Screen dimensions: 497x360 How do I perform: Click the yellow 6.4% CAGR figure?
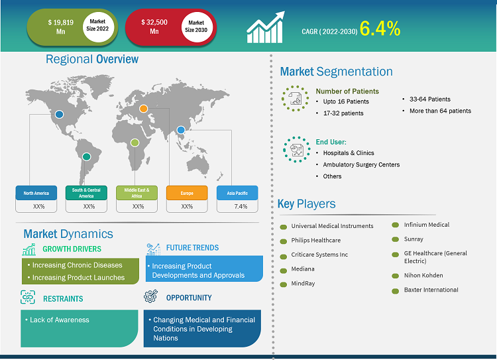380,29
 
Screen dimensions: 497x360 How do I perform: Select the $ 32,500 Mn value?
154,27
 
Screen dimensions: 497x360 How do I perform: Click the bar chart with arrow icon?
266,27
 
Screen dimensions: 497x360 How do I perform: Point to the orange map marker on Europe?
144,109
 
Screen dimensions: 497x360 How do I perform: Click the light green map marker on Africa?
135,143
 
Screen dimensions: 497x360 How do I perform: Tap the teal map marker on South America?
87,156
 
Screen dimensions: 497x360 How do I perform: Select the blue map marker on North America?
59,115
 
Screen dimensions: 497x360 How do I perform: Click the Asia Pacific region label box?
237,193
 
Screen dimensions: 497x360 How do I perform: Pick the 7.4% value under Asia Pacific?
241,206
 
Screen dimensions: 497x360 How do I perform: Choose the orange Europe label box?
187,193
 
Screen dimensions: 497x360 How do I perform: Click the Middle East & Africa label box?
137,193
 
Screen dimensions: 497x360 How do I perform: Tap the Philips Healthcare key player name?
315,241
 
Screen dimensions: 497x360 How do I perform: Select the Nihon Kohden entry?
423,275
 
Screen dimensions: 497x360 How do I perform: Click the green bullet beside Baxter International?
395,291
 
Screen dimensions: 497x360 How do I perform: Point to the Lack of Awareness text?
59,320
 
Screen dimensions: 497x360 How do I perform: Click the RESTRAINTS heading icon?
28,297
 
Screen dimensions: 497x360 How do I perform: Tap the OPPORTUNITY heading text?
189,298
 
